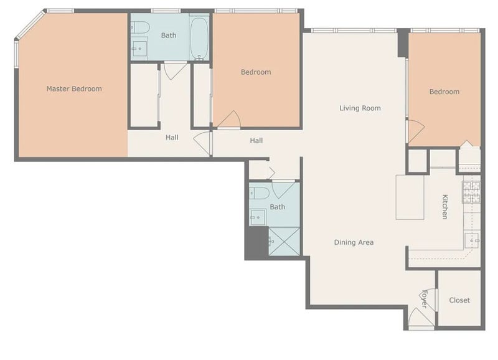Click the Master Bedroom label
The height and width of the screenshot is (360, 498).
coord(74,88)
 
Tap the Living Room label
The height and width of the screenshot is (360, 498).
coord(360,108)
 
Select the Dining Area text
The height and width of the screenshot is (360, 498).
coord(354,242)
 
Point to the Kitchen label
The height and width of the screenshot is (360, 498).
coord(445,207)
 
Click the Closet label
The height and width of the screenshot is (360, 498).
coord(459,300)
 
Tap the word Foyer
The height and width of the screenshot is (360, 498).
coord(425,299)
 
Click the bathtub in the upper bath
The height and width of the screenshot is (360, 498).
coord(199,38)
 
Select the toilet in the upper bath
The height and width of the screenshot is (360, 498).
coord(140,27)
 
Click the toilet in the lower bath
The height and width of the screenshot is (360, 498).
coord(259,193)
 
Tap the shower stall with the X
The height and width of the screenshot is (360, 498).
coord(284,241)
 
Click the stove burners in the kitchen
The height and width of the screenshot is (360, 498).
coord(471,192)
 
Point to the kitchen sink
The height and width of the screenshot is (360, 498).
coord(472,240)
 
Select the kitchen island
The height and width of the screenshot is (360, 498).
coord(410,197)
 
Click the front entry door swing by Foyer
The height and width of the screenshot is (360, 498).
coord(421,317)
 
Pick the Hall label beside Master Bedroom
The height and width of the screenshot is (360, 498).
coord(172,138)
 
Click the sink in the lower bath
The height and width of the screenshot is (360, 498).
coord(258,217)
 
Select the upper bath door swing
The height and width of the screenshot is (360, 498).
coord(175,71)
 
